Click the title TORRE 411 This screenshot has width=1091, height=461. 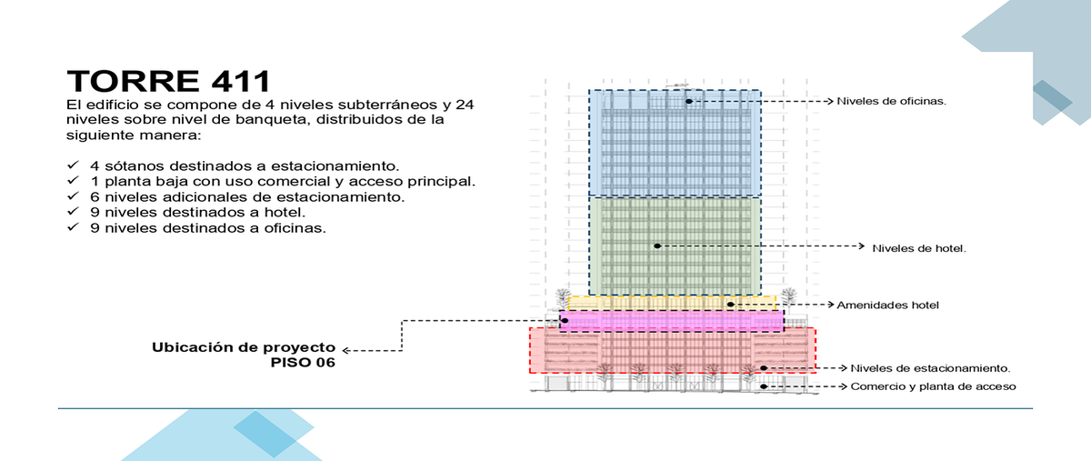tap(168, 81)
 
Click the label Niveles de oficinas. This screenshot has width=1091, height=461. tap(891, 101)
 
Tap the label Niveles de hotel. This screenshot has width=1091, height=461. tap(919, 248)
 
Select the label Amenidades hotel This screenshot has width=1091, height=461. tap(888, 305)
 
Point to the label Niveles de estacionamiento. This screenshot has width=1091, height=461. tap(930, 368)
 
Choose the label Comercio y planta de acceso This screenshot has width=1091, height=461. tap(933, 386)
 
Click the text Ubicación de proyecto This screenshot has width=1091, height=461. tap(244, 347)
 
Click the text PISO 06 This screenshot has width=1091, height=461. tap(303, 363)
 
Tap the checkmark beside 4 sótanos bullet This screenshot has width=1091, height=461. tap(73, 165)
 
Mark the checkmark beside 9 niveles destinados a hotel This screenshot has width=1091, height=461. tap(73, 211)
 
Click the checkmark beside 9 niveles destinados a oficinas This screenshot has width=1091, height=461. tap(73, 226)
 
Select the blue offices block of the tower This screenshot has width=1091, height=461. tap(675, 144)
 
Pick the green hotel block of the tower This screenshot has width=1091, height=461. tap(675, 246)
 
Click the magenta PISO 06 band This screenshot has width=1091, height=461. tap(672, 321)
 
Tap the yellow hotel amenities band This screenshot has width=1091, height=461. tap(672, 303)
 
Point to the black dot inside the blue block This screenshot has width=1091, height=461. tap(689, 101)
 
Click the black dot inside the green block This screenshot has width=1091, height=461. tap(657, 246)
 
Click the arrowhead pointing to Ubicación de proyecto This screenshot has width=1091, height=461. tap(345, 350)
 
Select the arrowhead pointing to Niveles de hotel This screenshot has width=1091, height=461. tap(861, 246)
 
